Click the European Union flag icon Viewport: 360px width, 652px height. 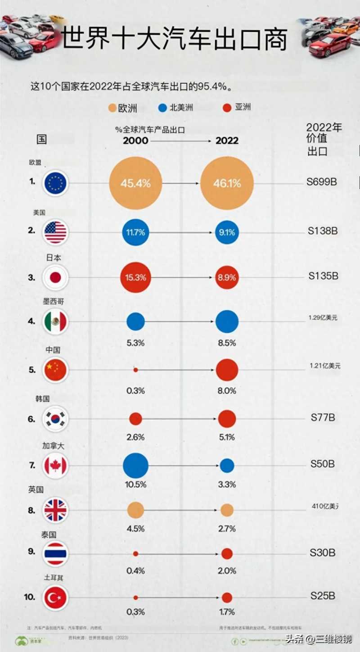[55, 183]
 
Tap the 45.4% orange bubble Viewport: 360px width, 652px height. [135, 183]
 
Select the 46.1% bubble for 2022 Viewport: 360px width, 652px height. [227, 183]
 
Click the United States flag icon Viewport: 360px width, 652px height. [55, 232]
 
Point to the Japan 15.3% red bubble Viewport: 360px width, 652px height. [135, 277]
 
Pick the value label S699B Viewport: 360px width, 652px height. [322, 182]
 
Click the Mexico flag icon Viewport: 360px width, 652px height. [55, 321]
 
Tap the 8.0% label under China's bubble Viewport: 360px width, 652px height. [227, 391]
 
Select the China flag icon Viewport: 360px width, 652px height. [55, 370]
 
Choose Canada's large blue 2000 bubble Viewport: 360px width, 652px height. [135, 466]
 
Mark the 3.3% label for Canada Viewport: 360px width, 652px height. [227, 485]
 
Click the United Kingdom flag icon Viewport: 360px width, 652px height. [55, 510]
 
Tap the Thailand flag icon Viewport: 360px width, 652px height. [55, 553]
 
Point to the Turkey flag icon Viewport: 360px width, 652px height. [55, 598]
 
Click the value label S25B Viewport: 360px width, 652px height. [323, 596]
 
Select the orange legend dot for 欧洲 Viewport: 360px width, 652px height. [112, 108]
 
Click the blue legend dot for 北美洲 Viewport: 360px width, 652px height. [163, 108]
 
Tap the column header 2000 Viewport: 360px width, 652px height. [135, 140]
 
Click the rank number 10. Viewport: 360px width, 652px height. [30, 597]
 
